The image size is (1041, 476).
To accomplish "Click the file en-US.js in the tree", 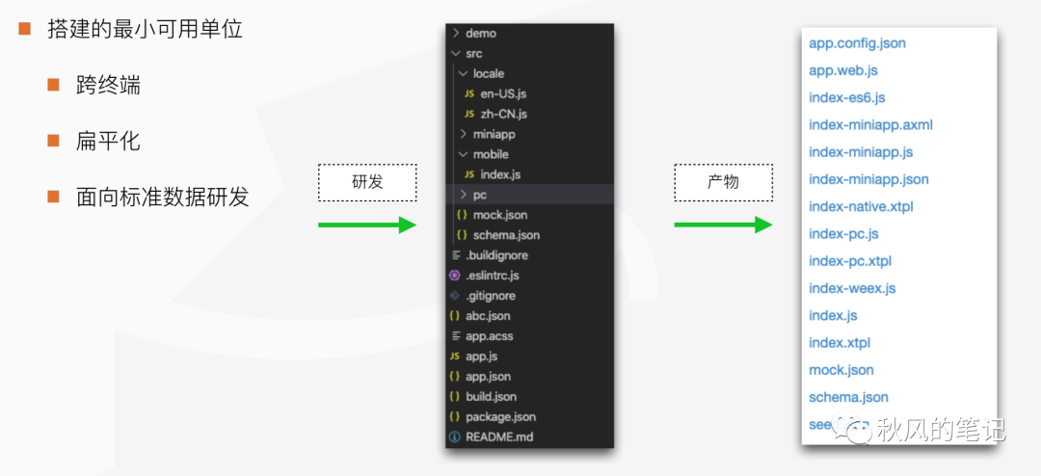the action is pyautogui.click(x=503, y=93).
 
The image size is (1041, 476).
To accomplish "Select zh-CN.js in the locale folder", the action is pyautogui.click(x=503, y=114).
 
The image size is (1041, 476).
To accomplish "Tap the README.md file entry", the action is pyautogui.click(x=498, y=436).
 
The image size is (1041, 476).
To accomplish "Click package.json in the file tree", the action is pyautogui.click(x=500, y=416).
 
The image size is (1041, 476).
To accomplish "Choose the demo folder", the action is pyautogui.click(x=480, y=33).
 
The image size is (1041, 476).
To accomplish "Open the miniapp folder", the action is pyautogui.click(x=494, y=134).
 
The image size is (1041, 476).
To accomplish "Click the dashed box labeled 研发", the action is pyautogui.click(x=366, y=182).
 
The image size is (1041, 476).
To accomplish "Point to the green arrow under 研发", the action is pyautogui.click(x=366, y=225).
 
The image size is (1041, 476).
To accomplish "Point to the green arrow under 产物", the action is pyautogui.click(x=723, y=225).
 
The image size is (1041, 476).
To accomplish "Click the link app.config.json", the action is pyautogui.click(x=857, y=43).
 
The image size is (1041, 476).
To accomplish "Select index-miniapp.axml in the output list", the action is pyautogui.click(x=870, y=125).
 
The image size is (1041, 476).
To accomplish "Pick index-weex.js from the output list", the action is pyautogui.click(x=852, y=288).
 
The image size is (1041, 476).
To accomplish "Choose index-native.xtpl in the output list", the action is pyautogui.click(x=861, y=206).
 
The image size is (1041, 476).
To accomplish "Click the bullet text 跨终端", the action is pyautogui.click(x=108, y=85).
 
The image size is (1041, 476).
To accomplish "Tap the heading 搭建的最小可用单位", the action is pyautogui.click(x=145, y=29).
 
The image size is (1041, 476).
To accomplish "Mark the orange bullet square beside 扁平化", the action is pyautogui.click(x=54, y=141).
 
